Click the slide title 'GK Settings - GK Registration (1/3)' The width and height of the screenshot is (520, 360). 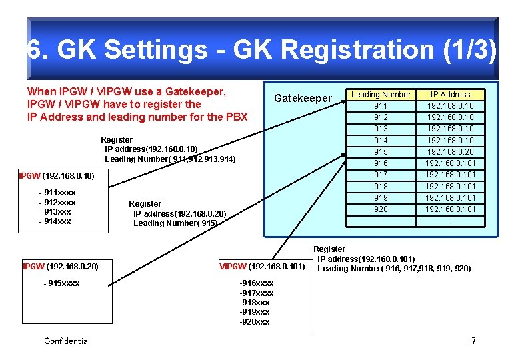tap(261, 50)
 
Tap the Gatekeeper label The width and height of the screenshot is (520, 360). tap(303, 99)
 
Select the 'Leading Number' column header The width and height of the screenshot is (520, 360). tap(381, 95)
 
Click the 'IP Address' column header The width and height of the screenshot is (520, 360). tap(450, 95)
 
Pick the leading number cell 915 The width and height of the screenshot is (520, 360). tap(381, 151)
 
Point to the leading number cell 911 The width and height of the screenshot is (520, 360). tap(381, 106)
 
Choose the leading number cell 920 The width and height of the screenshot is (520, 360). tap(381, 209)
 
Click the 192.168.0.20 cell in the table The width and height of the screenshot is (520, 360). tap(450, 151)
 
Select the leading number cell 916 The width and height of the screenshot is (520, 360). tap(381, 163)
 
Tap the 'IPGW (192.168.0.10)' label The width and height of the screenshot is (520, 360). tap(57, 176)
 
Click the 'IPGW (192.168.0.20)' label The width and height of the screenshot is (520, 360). tap(61, 267)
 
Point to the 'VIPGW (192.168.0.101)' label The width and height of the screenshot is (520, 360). tap(262, 267)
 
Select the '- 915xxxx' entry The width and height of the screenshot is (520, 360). tap(61, 283)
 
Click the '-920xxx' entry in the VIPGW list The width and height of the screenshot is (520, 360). tap(255, 322)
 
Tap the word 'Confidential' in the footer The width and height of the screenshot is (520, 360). tap(67, 341)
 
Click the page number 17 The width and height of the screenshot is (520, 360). tap(471, 341)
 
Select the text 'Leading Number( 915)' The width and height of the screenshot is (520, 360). tap(175, 223)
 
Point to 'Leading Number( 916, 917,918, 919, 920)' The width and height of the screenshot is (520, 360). tap(394, 269)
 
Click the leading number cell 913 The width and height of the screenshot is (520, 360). tap(381, 129)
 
